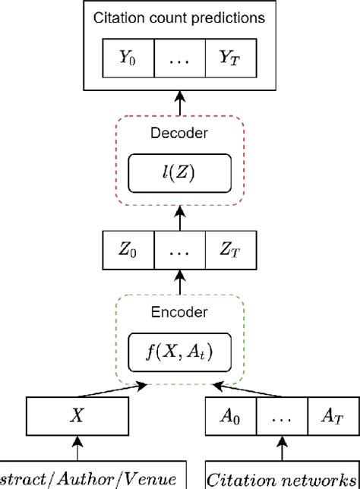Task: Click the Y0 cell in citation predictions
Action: (x=128, y=58)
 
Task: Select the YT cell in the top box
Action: (x=230, y=58)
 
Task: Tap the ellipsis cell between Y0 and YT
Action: (x=179, y=58)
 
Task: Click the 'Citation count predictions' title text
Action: (x=179, y=17)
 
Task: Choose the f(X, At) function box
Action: (x=179, y=352)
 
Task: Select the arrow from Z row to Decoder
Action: (x=179, y=219)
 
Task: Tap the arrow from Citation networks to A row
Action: (x=282, y=449)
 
